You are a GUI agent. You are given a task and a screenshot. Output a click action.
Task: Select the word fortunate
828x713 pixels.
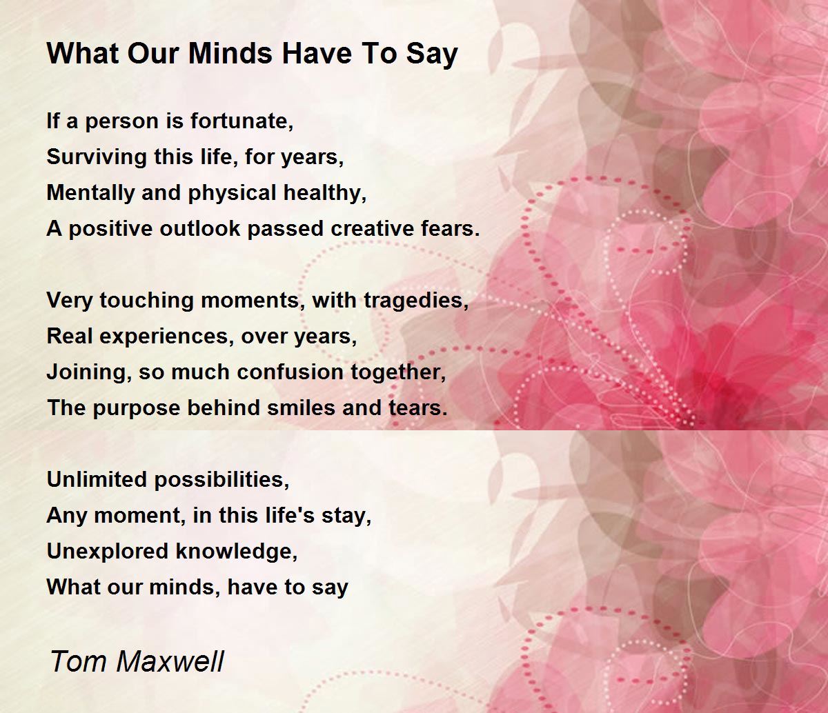pos(241,121)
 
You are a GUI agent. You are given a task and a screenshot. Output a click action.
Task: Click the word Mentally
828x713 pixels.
pos(90,193)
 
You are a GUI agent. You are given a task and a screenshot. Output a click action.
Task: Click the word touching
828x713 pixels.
pos(146,301)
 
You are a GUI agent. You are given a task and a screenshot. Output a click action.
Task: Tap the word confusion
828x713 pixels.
pos(290,372)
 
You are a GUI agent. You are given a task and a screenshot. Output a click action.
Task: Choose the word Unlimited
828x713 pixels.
pos(97,480)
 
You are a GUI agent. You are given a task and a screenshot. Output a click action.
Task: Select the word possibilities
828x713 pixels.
pos(221,480)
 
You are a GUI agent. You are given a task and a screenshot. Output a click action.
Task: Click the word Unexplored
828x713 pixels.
pos(108,551)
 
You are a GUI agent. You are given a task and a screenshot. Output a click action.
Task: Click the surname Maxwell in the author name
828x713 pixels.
pos(170,661)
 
